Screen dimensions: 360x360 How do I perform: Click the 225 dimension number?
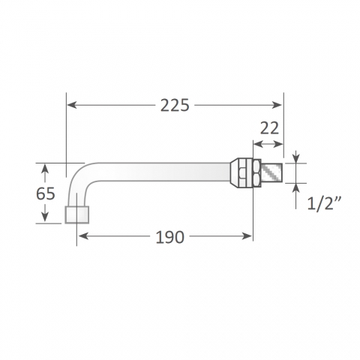click(x=175, y=105)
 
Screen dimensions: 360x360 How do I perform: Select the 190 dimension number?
click(x=170, y=237)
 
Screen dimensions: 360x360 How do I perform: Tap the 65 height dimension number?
click(x=46, y=193)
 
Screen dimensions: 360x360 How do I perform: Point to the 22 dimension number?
click(x=269, y=128)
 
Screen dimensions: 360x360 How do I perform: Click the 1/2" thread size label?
click(x=324, y=204)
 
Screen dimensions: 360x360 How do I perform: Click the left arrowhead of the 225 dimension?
click(x=72, y=105)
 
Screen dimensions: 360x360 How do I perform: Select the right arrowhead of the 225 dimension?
click(x=277, y=105)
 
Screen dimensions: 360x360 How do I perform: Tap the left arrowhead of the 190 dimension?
click(x=82, y=236)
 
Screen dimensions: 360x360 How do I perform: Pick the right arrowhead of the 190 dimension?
click(x=247, y=236)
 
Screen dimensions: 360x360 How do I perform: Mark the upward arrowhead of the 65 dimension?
click(x=45, y=169)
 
